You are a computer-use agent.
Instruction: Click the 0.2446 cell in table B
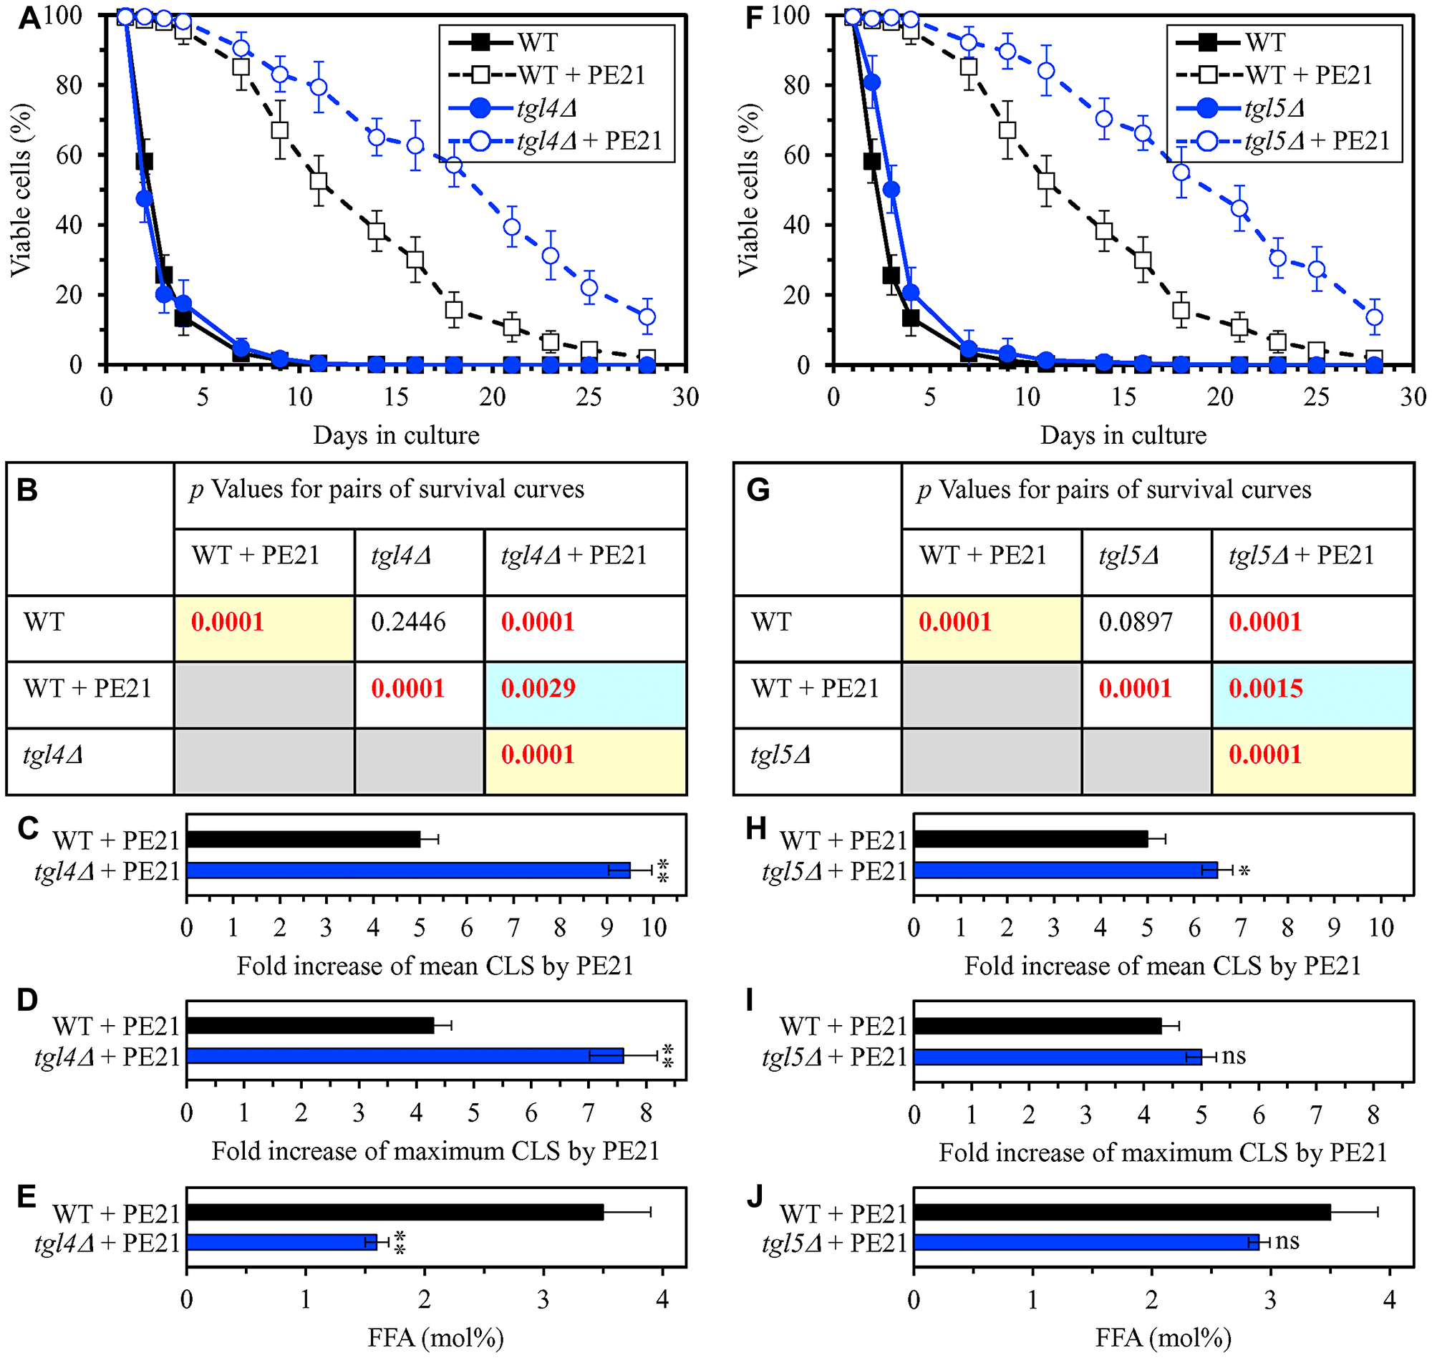[408, 623]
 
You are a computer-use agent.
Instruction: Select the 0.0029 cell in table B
[538, 689]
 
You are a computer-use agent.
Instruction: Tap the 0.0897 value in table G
[1135, 623]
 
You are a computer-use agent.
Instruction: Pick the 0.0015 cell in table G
[1265, 689]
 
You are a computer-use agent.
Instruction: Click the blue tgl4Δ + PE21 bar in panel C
[407, 870]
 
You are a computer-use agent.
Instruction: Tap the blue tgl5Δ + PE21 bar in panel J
[1086, 1243]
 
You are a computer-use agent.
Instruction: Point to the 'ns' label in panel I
[1234, 1056]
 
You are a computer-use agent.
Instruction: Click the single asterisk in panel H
[1244, 870]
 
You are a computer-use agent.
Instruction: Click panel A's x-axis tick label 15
[396, 397]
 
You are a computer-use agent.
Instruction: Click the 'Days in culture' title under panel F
[1123, 435]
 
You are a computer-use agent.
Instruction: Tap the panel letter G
[758, 491]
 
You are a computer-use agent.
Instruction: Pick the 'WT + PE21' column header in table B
[256, 556]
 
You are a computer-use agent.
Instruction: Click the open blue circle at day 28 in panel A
[647, 317]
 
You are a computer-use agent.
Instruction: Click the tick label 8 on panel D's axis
[647, 1112]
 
